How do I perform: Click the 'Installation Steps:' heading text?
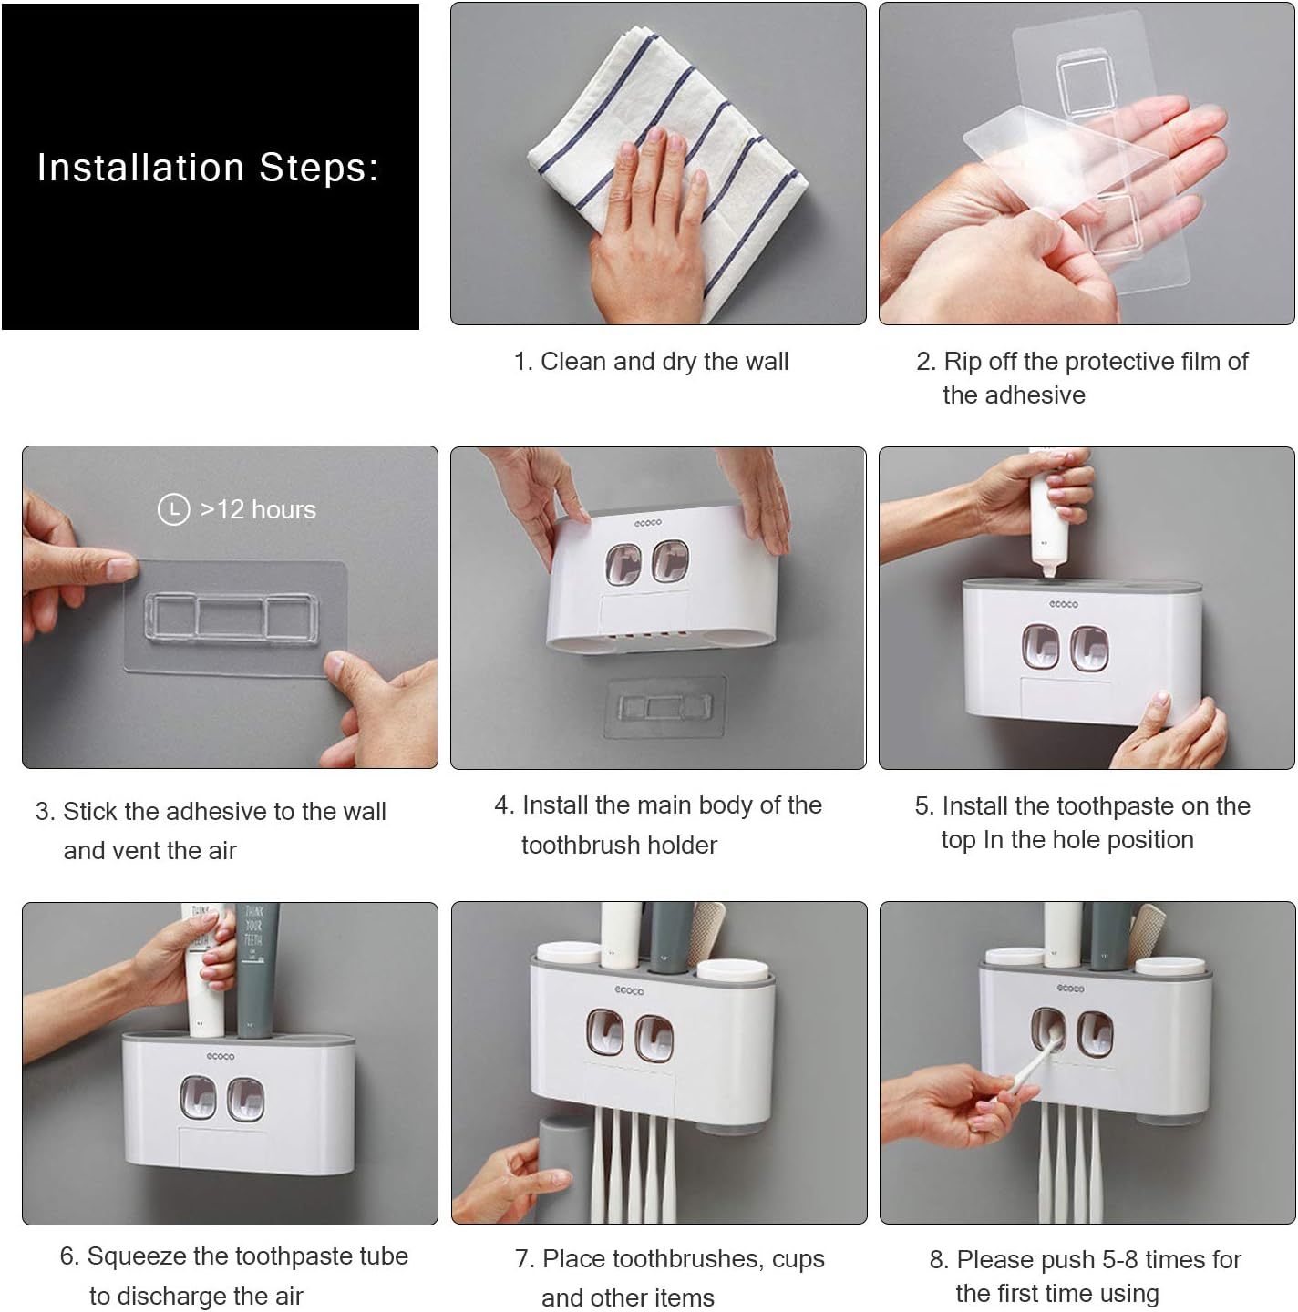[207, 167]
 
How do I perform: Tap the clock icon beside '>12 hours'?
[173, 509]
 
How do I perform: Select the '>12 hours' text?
[258, 510]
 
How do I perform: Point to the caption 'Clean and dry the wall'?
[664, 362]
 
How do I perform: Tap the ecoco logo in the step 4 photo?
[647, 523]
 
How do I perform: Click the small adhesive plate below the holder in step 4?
[665, 707]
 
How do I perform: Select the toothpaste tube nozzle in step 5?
[1049, 569]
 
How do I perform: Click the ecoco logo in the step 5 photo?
[1063, 604]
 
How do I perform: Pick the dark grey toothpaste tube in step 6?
[257, 969]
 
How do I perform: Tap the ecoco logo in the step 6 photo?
[220, 1056]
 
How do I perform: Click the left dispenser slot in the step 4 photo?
[623, 564]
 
